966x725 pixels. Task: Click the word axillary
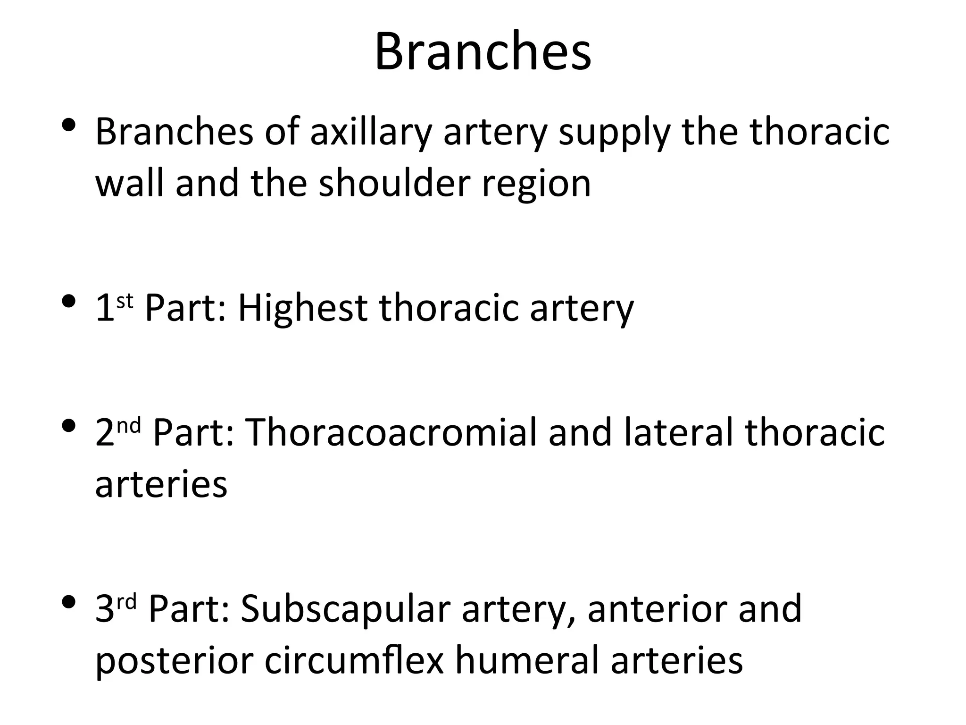[x=371, y=132]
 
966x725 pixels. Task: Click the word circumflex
[x=354, y=660]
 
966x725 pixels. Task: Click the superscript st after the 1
[x=125, y=301]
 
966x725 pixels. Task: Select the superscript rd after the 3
[x=126, y=601]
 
